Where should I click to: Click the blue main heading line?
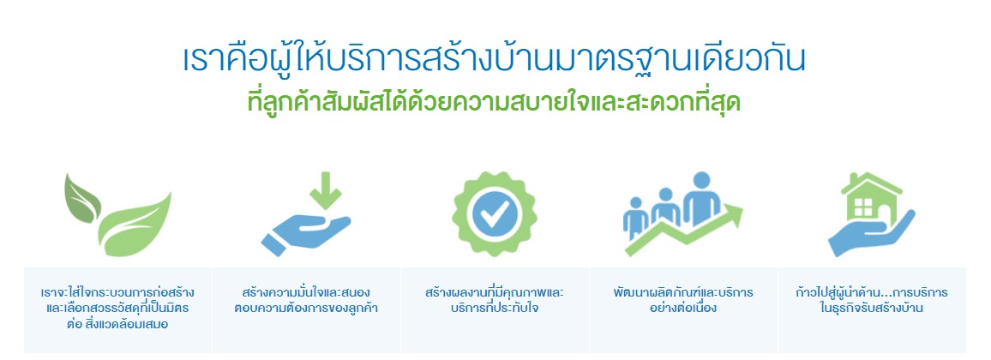495,61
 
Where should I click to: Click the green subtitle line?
495,102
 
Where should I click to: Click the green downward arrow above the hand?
327,189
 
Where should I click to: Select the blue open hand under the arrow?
305,234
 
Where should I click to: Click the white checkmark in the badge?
495,215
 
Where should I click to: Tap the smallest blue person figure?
636,218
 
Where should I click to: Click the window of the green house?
863,207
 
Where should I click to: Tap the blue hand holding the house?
871,234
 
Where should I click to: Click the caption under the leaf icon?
117,309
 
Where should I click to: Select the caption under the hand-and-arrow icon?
306,301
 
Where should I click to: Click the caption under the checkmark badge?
495,301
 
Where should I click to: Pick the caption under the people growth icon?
682,301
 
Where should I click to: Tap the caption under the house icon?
871,301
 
